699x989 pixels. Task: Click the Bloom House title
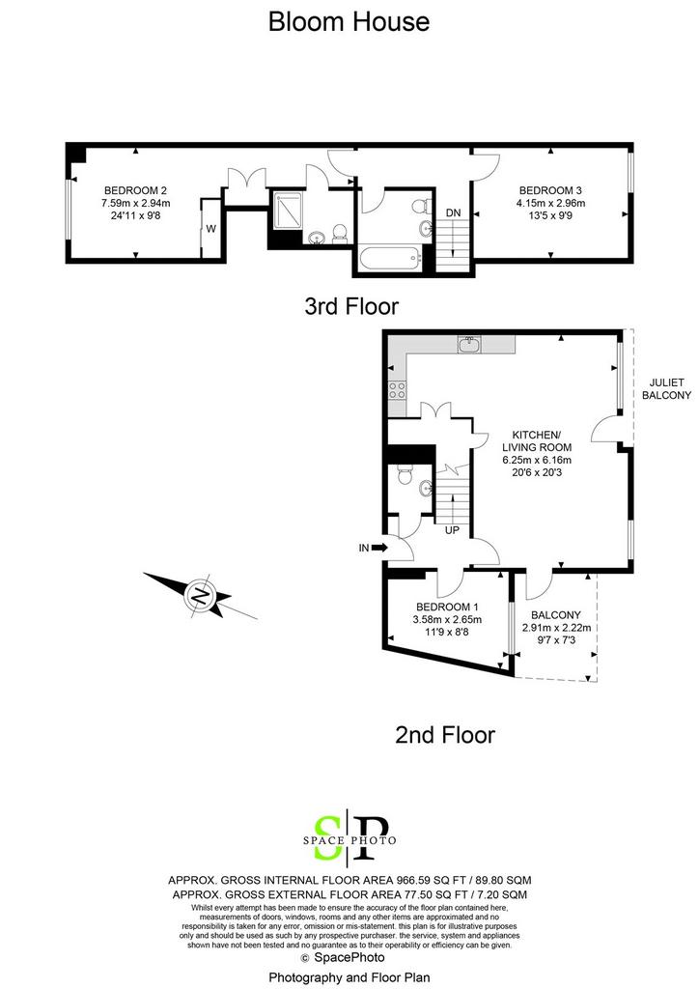[349, 21]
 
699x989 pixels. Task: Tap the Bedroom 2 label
[135, 190]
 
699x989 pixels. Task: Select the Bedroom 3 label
[550, 190]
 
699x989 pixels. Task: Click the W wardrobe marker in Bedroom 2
[211, 229]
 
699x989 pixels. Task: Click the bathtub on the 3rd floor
[387, 258]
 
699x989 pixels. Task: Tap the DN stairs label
[453, 213]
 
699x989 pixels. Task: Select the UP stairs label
[452, 530]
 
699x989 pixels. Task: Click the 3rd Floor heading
[351, 306]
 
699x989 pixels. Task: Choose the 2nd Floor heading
[445, 735]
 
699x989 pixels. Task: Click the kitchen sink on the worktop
[469, 345]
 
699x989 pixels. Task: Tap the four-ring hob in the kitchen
[397, 390]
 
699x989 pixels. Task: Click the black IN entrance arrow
[379, 549]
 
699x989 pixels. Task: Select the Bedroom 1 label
[447, 608]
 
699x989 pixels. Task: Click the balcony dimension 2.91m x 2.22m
[556, 628]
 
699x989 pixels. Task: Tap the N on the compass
[201, 595]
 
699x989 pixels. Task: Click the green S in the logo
[327, 838]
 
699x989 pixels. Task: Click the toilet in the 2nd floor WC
[404, 474]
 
